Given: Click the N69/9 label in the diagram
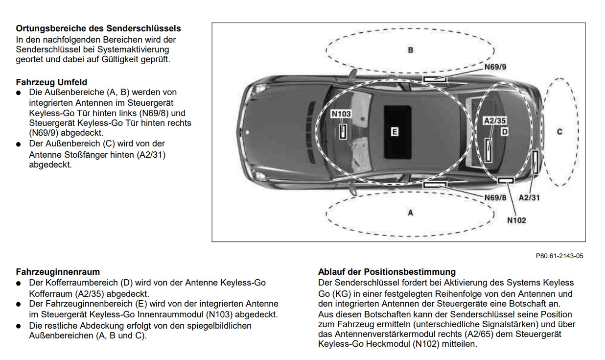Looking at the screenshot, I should point(495,67).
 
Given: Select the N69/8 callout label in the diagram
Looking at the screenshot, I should point(495,197).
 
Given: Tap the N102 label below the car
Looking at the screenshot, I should point(516,220).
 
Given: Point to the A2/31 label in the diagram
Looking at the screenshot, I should point(530,197).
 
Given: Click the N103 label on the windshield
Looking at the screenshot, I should point(341,114).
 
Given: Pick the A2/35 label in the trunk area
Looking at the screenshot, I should point(494,120).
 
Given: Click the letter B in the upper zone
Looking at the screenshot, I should point(411,50).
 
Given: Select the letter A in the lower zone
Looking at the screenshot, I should point(411,213).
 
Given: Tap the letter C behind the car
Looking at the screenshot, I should point(559,132).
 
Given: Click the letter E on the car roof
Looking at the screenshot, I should point(395,132).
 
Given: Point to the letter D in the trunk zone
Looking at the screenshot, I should point(505,132).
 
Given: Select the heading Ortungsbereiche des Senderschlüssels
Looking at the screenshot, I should point(98,28).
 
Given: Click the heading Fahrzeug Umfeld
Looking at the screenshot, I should point(51,82).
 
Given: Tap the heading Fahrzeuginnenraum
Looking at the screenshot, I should point(58,272).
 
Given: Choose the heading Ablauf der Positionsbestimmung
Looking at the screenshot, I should point(387,272).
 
